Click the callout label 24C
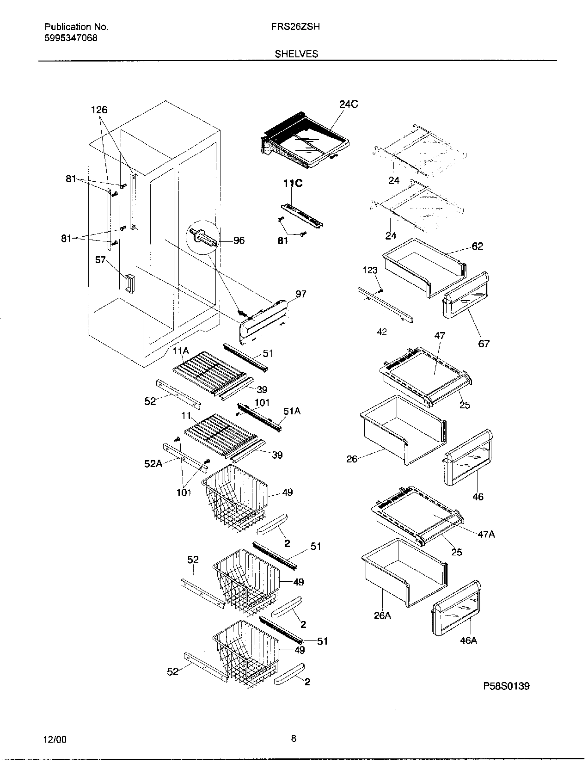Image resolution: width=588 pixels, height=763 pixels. point(348,105)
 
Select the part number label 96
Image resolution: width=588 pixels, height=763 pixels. point(239,240)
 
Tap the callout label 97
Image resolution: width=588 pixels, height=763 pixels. point(301,294)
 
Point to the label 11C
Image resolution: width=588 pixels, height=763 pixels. point(293,184)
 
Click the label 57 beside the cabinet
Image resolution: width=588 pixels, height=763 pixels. point(101,260)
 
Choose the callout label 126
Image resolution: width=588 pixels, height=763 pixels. point(99,110)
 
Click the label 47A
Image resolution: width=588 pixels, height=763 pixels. point(486,534)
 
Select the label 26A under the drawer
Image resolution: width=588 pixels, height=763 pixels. point(382,615)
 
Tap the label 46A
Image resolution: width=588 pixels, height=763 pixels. point(468,640)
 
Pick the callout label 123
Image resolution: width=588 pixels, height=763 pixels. point(370,271)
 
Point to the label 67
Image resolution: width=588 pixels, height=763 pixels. point(484,344)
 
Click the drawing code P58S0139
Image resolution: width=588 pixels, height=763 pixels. point(506,686)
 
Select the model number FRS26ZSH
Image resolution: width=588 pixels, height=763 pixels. point(296,27)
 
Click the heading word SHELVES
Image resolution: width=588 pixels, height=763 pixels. point(296,54)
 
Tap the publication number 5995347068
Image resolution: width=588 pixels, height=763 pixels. point(71,38)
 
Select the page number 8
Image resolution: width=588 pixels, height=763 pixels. point(294,738)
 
